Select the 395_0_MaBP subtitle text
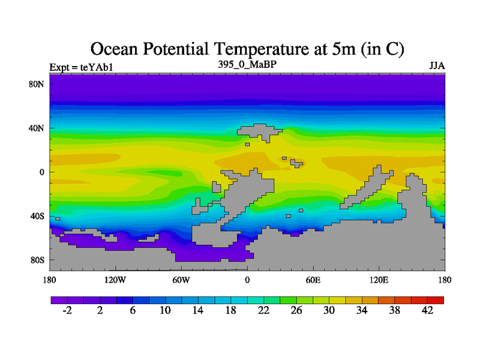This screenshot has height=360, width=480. pyautogui.click(x=247, y=64)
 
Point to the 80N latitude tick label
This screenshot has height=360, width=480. pyautogui.click(x=37, y=84)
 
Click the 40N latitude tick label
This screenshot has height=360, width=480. pyautogui.click(x=37, y=128)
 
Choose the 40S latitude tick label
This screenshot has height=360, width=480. pyautogui.click(x=38, y=216)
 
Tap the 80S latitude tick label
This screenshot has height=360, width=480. pyautogui.click(x=38, y=260)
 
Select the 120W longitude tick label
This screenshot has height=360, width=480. pyautogui.click(x=115, y=280)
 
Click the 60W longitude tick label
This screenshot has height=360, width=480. pyautogui.click(x=181, y=280)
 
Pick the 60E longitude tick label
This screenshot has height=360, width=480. pyautogui.click(x=313, y=280)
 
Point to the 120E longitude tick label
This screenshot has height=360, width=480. pyautogui.click(x=379, y=280)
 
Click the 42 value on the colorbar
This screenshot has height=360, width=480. pyautogui.click(x=428, y=310)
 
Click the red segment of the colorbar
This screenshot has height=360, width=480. pyautogui.click(x=436, y=299)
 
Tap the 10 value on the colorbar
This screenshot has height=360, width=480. pyautogui.click(x=165, y=310)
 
